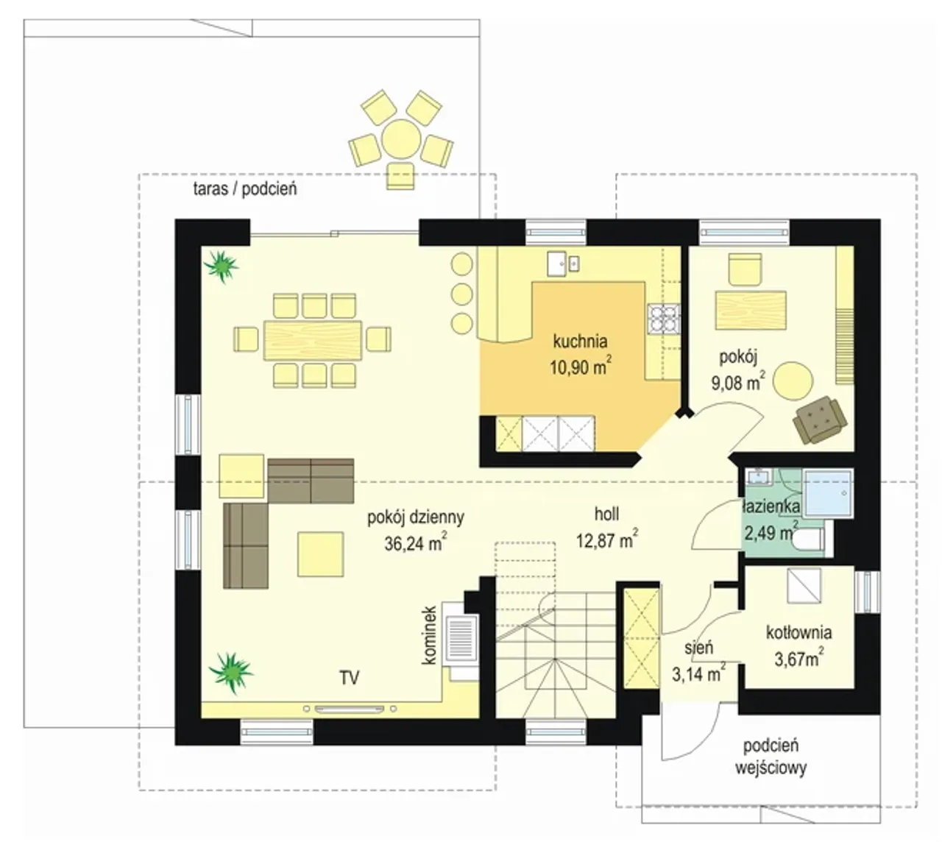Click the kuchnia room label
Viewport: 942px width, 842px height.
(x=580, y=342)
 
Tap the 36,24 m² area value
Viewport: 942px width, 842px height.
(x=416, y=542)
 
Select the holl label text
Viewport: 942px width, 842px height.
(x=606, y=514)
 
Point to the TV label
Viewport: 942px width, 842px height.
(x=349, y=678)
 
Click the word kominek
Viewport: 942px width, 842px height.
(x=429, y=634)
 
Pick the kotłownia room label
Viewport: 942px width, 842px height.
(x=798, y=632)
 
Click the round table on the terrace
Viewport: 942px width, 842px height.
(x=401, y=138)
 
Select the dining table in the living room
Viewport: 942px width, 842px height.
(x=313, y=340)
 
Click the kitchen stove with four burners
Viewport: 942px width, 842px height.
(x=664, y=319)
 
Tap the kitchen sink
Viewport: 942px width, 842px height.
(x=562, y=263)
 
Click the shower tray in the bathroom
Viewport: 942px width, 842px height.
(x=829, y=493)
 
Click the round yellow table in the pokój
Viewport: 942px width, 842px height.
(x=793, y=381)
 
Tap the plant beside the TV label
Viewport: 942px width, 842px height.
(x=231, y=672)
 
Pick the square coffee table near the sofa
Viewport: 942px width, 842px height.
(x=320, y=555)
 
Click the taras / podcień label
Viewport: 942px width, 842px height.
(x=245, y=188)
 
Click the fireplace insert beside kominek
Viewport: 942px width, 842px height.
(x=461, y=637)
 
